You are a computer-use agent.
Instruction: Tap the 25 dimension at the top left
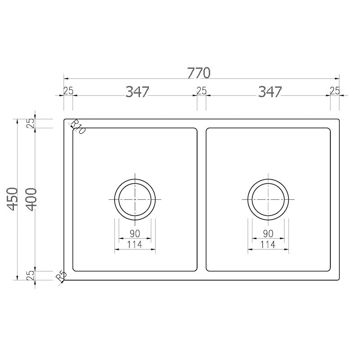[68, 91]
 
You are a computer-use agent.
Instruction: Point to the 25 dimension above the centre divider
[201, 91]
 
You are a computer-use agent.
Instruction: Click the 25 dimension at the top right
[335, 91]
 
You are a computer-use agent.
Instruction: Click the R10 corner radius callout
[77, 128]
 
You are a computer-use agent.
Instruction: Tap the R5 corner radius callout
[61, 276]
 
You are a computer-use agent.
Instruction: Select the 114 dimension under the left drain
[135, 245]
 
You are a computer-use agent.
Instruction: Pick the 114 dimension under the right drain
[268, 245]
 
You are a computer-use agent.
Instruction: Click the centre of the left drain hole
[135, 199]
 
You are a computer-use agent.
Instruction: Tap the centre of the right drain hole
[268, 199]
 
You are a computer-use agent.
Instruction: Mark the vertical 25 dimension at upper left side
[31, 123]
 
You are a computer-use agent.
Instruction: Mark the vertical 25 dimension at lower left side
[31, 276]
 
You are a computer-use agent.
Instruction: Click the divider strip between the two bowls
[201, 199]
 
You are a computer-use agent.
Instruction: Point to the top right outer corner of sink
[338, 119]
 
